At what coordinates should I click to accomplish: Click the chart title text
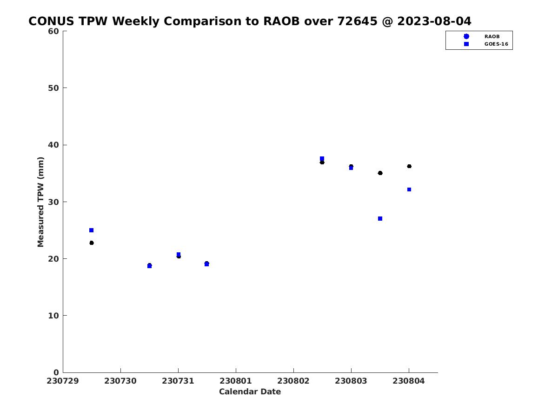point(250,21)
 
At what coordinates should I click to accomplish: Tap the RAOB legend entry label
point(492,37)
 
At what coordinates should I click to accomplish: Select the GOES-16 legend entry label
point(496,44)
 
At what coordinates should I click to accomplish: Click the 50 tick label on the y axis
point(53,88)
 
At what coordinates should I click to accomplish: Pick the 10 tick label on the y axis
point(53,316)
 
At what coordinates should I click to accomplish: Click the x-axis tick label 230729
point(62,381)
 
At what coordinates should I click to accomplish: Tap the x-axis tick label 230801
point(236,381)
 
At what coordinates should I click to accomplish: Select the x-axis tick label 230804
point(409,381)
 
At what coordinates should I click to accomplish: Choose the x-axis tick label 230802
point(293,381)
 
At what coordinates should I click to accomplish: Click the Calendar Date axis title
point(250,392)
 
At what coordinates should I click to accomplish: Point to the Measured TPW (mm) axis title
point(40,202)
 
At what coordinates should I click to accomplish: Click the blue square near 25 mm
point(92,230)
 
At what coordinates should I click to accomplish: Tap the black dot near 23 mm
point(92,243)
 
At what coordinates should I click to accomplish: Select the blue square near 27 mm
point(380,218)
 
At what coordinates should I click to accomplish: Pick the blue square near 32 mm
point(409,189)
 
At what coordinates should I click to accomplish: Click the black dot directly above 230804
point(409,166)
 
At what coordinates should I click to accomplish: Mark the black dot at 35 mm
point(380,173)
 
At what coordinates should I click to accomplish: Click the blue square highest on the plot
point(322,158)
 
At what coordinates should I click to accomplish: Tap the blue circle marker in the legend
point(466,36)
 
